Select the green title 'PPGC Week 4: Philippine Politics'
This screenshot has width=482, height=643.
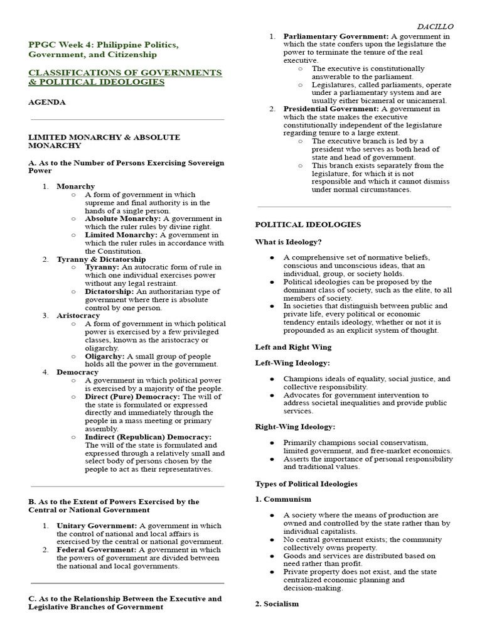pyautogui.click(x=104, y=46)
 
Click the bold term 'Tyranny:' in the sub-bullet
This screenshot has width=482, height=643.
pyautogui.click(x=102, y=267)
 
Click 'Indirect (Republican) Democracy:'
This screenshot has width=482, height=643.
pyautogui.click(x=148, y=436)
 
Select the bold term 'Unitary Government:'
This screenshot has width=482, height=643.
pyautogui.click(x=97, y=526)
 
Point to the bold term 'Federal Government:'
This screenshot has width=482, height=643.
pyautogui.click(x=97, y=549)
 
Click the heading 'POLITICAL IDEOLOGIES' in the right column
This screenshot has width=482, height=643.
pyautogui.click(x=308, y=224)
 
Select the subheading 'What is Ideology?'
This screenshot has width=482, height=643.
pyautogui.click(x=288, y=242)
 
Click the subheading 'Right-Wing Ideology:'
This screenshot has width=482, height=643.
pyautogui.click(x=295, y=426)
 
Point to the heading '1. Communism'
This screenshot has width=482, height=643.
pyautogui.click(x=283, y=499)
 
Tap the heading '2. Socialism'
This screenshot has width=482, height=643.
pyautogui.click(x=277, y=603)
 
